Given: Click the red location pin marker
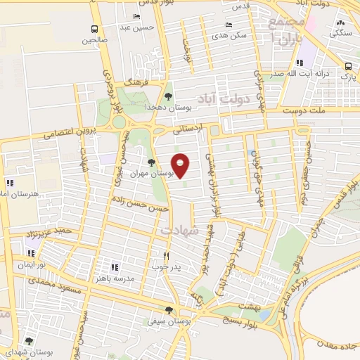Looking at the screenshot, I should click(181, 165).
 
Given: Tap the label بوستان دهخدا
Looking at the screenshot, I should click(165, 107).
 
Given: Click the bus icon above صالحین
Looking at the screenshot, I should click(94, 29).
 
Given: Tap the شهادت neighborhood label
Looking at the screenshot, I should click(180, 229).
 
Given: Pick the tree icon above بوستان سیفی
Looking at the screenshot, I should click(169, 309).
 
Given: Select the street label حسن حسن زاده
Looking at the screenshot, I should click(140, 204).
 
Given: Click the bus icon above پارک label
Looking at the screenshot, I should click(348, 66).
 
